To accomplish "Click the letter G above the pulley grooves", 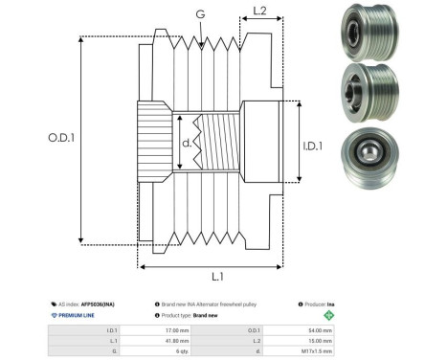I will pyautogui.click(x=198, y=15).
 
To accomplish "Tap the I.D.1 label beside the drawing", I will pyautogui.click(x=313, y=146).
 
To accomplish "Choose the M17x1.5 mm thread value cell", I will pyautogui.click(x=317, y=351).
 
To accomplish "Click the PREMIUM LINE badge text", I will pyautogui.click(x=82, y=314).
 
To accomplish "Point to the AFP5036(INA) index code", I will pyautogui.click(x=99, y=302).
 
